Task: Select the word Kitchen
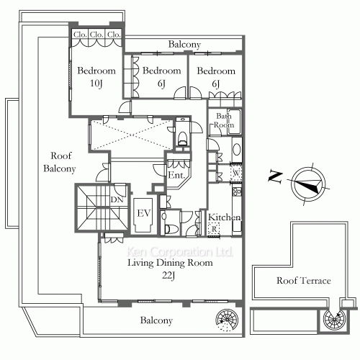point(224,217)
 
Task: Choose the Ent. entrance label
point(177,175)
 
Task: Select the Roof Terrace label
point(304,280)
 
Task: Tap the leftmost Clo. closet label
point(79,34)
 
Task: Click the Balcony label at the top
point(184,45)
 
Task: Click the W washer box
point(235,172)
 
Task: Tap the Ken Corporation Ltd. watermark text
point(180,253)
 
